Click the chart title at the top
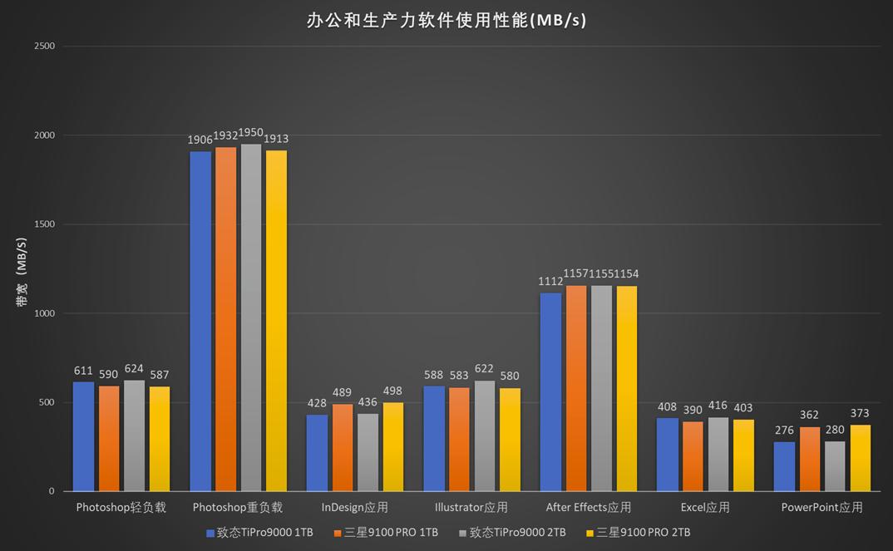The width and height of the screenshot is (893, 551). point(446,20)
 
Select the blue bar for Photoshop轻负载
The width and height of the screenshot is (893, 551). point(83,436)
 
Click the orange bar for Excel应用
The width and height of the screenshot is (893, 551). point(693,456)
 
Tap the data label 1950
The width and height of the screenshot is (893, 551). point(251,133)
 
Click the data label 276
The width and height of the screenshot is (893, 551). point(784,430)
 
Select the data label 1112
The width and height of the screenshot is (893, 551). point(550,282)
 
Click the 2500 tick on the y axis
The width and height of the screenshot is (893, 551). point(44,46)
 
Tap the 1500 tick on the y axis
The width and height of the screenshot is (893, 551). point(44,224)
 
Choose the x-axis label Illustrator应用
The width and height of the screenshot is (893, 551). point(471,507)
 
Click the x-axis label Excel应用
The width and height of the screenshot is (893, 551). point(704,507)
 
